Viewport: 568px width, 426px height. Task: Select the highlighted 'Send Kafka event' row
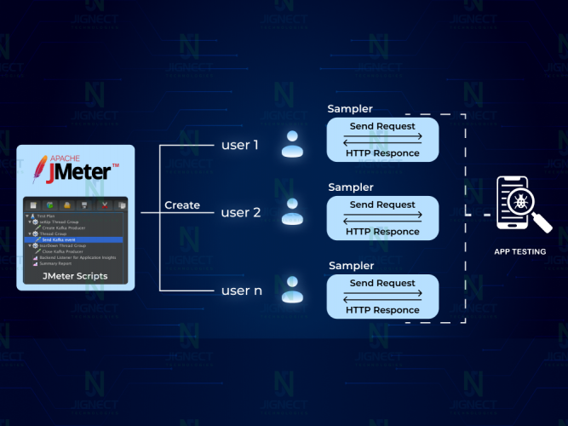tap(59, 240)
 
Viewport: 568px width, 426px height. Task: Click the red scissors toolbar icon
tap(104, 205)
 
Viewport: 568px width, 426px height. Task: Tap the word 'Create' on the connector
tap(182, 205)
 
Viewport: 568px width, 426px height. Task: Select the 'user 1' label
tap(239, 145)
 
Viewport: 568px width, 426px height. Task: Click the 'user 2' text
tap(240, 212)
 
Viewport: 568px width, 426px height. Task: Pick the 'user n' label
tap(240, 291)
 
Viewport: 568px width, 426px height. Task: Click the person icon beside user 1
tap(292, 145)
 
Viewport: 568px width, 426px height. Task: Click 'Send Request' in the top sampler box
tap(382, 126)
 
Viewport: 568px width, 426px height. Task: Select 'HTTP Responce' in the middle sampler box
tap(382, 232)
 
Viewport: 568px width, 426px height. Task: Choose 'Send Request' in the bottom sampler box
tap(382, 283)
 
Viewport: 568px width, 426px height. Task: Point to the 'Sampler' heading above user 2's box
tap(350, 187)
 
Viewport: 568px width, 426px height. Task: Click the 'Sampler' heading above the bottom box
tap(350, 266)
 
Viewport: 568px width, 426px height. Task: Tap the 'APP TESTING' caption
tap(519, 251)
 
